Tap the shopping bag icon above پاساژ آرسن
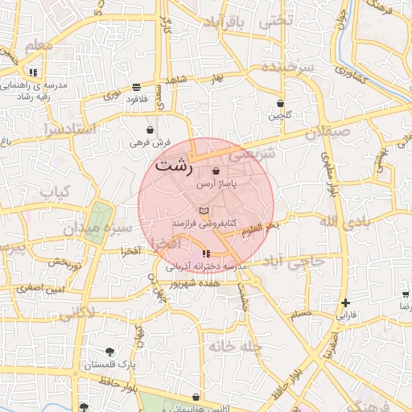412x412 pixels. tap(215, 171)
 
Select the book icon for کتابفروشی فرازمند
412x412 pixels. tap(203, 209)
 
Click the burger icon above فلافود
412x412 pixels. tap(136, 86)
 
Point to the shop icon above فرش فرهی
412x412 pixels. tap(150, 130)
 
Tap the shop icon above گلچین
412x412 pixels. tap(280, 103)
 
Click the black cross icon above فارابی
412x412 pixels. tap(346, 303)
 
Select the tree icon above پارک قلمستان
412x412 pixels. tap(110, 352)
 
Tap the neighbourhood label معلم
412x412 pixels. tap(38, 46)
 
